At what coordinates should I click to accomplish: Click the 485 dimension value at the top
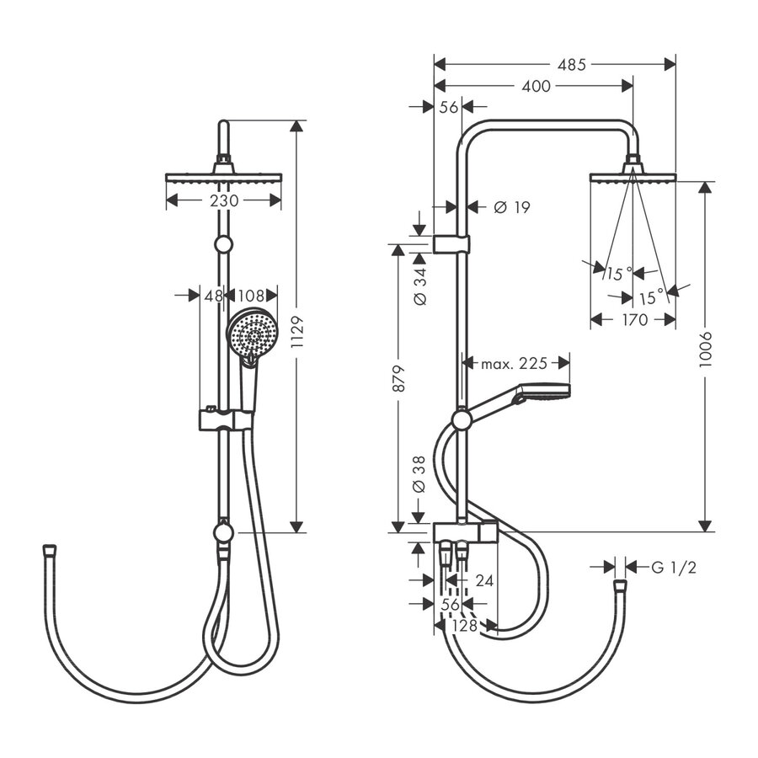571,64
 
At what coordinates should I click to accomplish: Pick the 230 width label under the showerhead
223,200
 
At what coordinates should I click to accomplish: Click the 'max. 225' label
514,363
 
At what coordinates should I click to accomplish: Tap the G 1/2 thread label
674,567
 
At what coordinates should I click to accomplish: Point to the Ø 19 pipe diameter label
512,207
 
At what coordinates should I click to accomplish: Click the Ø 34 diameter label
420,286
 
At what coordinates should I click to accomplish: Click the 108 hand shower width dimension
252,296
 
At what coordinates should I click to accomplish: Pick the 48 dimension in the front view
213,296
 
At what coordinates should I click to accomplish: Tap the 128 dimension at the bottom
464,625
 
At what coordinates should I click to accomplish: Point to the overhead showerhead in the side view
633,175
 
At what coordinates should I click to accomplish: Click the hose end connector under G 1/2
620,583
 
